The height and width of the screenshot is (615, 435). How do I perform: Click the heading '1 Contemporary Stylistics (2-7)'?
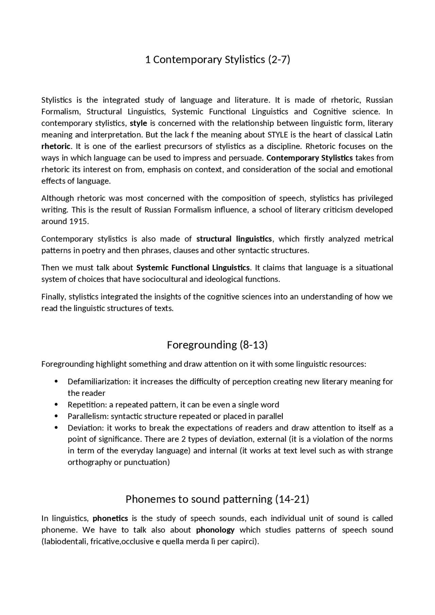point(217,60)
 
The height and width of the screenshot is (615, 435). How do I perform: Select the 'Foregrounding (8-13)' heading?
point(217,345)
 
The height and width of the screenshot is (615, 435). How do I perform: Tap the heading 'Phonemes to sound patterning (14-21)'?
point(217,499)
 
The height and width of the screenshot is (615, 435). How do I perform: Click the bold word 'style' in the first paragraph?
point(138,123)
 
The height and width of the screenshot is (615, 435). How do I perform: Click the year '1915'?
point(79,221)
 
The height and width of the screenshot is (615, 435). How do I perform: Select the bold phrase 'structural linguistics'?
point(234,239)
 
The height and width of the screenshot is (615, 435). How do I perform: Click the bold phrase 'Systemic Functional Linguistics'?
point(193,268)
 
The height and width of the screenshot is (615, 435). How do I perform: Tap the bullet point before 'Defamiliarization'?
point(56,382)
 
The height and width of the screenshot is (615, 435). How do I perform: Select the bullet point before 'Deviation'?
point(56,428)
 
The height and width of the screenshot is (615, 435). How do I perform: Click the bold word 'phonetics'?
point(110,519)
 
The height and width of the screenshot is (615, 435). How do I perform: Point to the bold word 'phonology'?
point(215,530)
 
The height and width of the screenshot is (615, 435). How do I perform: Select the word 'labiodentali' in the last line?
point(65,542)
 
